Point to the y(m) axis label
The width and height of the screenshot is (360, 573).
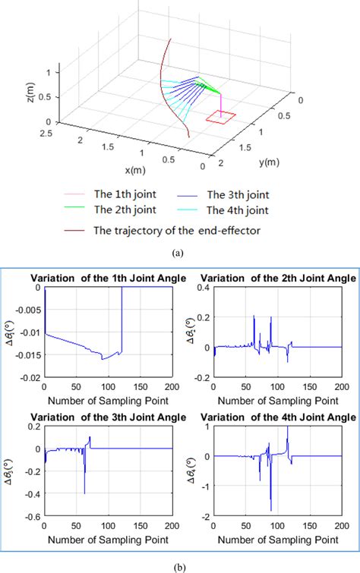click(x=271, y=161)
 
